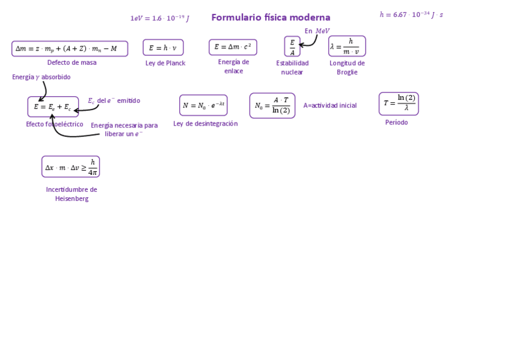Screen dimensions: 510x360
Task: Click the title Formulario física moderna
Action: (x=271, y=17)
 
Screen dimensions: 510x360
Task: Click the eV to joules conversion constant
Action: (x=159, y=19)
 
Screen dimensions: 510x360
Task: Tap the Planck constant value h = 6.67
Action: (x=411, y=14)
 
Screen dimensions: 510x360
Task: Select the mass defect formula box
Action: (x=70, y=49)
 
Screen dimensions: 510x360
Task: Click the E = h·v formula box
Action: (x=163, y=47)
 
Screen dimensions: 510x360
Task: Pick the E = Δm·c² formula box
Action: (x=233, y=47)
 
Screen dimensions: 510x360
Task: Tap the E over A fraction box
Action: (x=292, y=47)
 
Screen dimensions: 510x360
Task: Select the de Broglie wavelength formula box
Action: (x=347, y=46)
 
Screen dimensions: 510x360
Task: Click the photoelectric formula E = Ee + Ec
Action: (x=53, y=107)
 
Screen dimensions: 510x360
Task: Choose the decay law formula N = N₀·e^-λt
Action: (x=203, y=105)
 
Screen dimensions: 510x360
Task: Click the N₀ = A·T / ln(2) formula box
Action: (x=272, y=106)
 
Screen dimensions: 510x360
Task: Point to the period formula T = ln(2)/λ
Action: (x=399, y=103)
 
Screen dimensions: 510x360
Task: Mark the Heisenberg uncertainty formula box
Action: (x=70, y=166)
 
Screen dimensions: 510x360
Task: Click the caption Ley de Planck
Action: (x=165, y=63)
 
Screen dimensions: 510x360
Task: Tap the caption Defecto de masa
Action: (x=72, y=63)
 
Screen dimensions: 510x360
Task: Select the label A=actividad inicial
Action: (x=330, y=106)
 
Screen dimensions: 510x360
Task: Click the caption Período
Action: (x=396, y=123)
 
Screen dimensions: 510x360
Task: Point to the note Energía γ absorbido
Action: (x=41, y=77)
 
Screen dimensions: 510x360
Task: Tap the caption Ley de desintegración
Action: (x=205, y=124)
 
